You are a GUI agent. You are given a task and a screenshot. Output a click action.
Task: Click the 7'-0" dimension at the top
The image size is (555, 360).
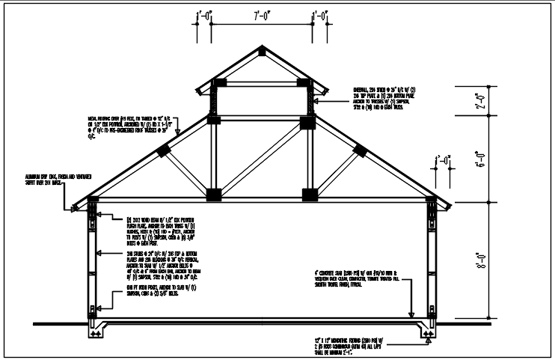[262, 13]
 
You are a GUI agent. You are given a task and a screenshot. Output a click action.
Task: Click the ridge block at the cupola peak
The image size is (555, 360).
[260, 52]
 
